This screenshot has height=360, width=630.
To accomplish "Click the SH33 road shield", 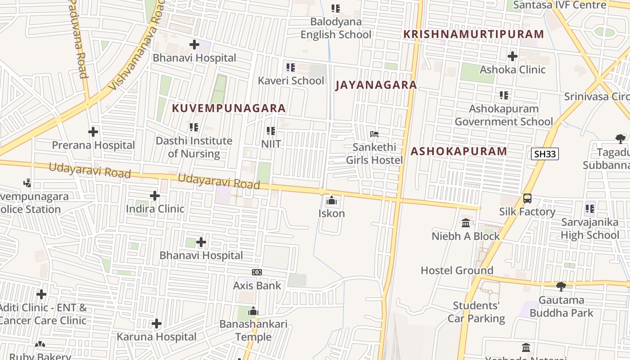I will click(x=545, y=154).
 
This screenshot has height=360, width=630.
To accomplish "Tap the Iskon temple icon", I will click(x=332, y=200).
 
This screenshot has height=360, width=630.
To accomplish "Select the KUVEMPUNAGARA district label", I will click(x=229, y=108).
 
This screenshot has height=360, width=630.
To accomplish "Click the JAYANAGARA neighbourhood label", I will click(x=376, y=85).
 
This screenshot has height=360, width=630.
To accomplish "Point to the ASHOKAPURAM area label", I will click(x=459, y=151).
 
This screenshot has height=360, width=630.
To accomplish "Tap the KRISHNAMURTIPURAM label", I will click(x=473, y=34).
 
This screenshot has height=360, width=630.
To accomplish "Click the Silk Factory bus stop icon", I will click(x=527, y=198).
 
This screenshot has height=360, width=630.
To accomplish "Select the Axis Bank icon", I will click(x=257, y=272).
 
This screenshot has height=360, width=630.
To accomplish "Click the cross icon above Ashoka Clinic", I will click(x=512, y=56).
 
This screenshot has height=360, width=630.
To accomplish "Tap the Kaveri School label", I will click(x=291, y=81).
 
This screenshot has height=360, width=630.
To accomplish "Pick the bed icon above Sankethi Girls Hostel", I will click(x=374, y=134).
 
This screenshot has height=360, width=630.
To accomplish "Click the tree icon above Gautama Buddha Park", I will click(x=561, y=286).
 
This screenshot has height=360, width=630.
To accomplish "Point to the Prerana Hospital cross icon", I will click(x=93, y=132).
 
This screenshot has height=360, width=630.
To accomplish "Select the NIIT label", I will click(x=271, y=144).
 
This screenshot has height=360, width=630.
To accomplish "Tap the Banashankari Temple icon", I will click(x=253, y=311).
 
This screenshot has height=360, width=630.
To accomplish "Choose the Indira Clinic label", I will click(x=155, y=209).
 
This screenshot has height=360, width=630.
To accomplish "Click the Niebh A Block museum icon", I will click(x=466, y=223).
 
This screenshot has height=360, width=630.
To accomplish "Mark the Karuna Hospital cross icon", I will click(x=157, y=324).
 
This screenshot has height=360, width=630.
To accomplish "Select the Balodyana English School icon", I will click(x=336, y=8).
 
